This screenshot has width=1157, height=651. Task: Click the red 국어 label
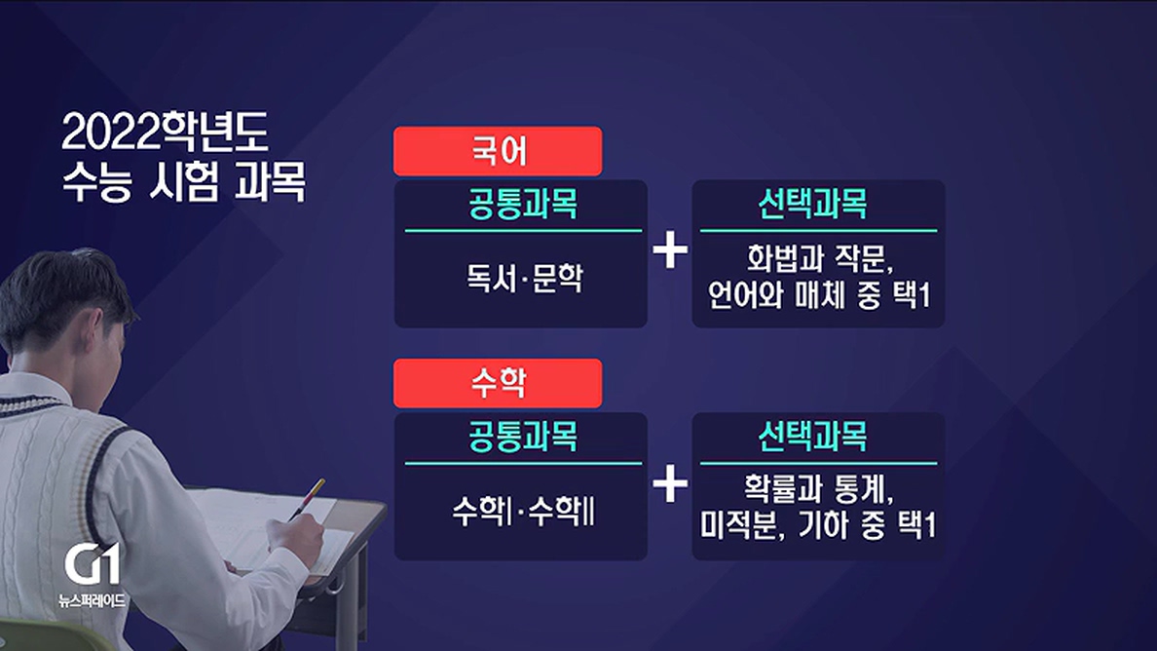click(x=498, y=151)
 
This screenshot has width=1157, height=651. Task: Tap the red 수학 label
click(x=498, y=383)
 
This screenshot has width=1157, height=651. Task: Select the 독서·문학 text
click(x=524, y=278)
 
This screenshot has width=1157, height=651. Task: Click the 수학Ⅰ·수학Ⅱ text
click(x=523, y=511)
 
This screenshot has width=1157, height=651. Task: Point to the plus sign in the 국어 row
click(x=670, y=250)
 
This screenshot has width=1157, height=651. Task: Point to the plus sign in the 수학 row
click(x=670, y=484)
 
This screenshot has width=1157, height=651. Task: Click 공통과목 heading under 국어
click(x=522, y=204)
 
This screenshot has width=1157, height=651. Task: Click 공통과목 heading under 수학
click(x=522, y=437)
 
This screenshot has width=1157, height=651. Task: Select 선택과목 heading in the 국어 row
click(x=812, y=204)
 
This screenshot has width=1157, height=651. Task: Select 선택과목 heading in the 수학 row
click(x=812, y=437)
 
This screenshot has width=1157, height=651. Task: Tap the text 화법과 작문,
click(x=820, y=258)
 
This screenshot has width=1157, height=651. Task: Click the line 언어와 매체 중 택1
click(x=819, y=295)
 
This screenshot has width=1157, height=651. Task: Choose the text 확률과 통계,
click(x=818, y=489)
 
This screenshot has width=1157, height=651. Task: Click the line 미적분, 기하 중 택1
click(x=818, y=525)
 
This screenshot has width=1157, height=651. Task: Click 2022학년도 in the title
click(x=165, y=133)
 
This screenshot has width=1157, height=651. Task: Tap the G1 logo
click(x=93, y=565)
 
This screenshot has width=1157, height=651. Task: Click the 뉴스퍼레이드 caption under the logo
click(x=93, y=600)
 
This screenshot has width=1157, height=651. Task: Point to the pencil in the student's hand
click(x=307, y=499)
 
